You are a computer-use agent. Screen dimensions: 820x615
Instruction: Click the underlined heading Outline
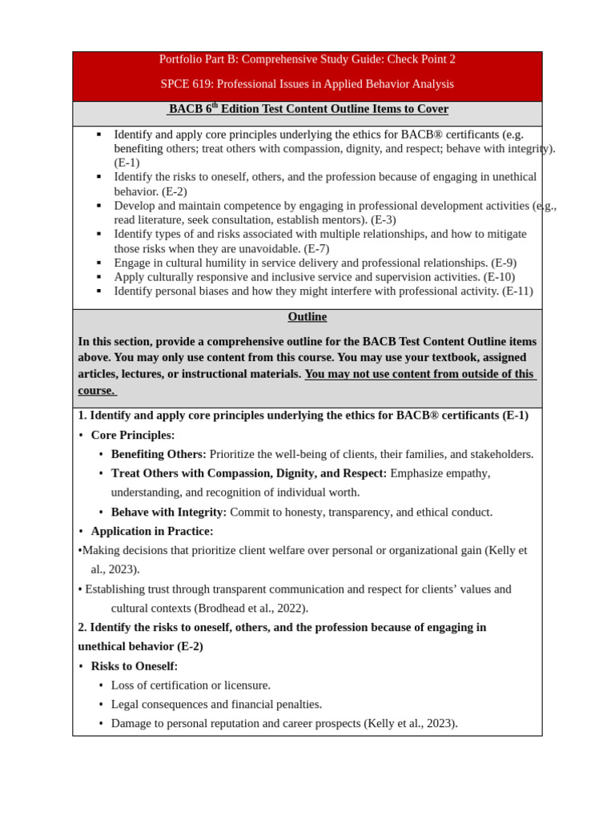click(x=307, y=317)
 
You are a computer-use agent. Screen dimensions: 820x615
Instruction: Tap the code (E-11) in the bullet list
click(x=517, y=291)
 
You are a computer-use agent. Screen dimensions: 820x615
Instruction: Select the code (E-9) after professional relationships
click(x=504, y=263)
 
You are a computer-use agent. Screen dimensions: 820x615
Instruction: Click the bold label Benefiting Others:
click(x=159, y=454)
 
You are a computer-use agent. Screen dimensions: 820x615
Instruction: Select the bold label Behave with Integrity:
click(x=169, y=512)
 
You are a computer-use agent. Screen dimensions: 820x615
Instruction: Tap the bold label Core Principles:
click(x=133, y=435)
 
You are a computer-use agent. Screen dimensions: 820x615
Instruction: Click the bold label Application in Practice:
click(x=152, y=531)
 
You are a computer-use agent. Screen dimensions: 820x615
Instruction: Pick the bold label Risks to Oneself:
click(x=135, y=666)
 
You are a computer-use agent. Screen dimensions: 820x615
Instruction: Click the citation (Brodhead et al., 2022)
click(x=251, y=608)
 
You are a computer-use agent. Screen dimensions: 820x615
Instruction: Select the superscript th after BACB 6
click(x=215, y=105)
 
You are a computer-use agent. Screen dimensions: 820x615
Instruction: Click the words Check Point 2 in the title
click(x=421, y=59)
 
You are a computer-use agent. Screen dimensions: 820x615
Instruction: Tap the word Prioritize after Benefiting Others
click(x=237, y=454)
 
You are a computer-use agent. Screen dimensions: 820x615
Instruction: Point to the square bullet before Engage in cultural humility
click(x=98, y=263)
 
